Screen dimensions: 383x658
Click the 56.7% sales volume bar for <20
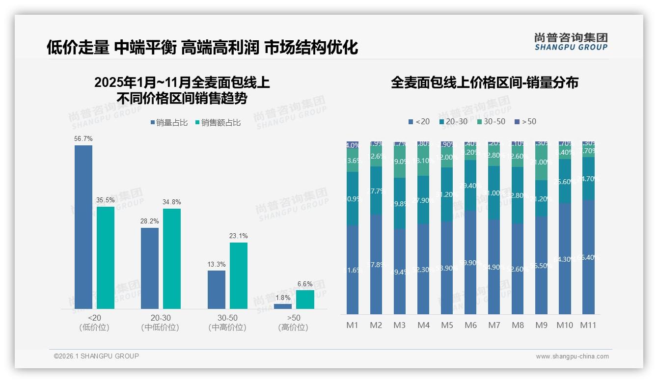83,227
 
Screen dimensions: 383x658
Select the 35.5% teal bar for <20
106,258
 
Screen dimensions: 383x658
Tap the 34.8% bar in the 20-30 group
172,259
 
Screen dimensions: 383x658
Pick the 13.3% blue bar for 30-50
217,290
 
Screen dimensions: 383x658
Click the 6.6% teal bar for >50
305,300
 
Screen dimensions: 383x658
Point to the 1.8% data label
283,298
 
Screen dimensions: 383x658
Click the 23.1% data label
238,236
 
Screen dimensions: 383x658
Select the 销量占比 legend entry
168,123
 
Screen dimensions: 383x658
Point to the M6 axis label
470,325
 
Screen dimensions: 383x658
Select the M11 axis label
588,325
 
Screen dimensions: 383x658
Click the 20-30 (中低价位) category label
160,323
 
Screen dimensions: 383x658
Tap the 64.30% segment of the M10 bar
565,259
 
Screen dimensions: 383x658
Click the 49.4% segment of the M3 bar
400,272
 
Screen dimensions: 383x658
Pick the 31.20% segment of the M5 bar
447,194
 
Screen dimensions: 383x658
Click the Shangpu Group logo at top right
571,41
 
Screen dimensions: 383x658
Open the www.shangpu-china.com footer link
572,356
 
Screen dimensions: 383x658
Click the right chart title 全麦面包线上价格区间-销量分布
484,82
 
